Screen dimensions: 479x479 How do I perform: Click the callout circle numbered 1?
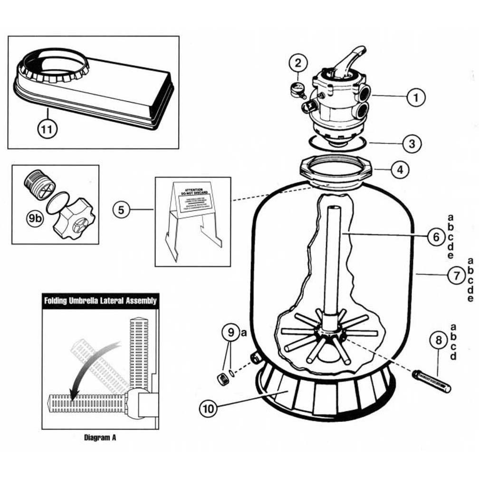click(416, 98)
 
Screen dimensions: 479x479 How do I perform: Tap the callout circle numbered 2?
click(297, 62)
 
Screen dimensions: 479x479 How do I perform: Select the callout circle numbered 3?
click(412, 143)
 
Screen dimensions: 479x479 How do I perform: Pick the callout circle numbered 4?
click(400, 169)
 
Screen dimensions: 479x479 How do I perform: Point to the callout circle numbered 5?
click(122, 210)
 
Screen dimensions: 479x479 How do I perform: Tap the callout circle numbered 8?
click(438, 340)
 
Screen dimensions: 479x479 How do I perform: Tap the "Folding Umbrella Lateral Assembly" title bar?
click(100, 301)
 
